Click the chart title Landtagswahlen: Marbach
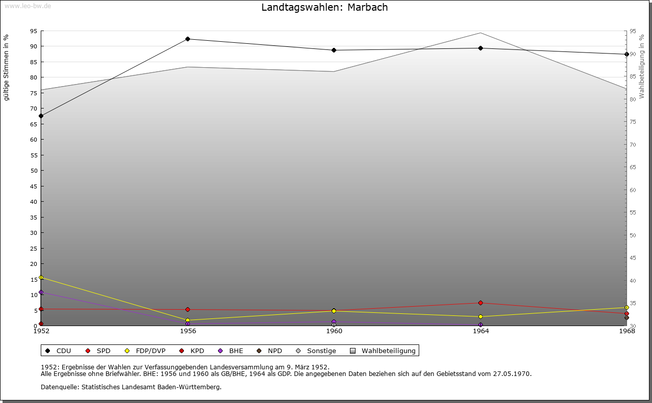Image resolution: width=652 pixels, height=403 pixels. (324, 7)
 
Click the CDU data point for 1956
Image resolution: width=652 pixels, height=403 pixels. (187, 39)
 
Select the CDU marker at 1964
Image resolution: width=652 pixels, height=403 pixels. (480, 48)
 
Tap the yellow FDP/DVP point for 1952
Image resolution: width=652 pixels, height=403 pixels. (41, 278)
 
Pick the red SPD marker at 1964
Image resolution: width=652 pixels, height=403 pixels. (480, 303)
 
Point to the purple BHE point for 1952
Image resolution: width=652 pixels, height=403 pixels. (41, 292)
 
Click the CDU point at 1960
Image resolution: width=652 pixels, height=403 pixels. (334, 50)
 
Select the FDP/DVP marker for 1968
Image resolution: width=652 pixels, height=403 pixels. (627, 308)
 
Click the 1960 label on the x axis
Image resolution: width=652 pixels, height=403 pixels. (334, 331)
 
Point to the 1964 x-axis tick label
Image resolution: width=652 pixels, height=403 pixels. (480, 331)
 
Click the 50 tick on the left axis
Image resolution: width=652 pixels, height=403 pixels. (34, 171)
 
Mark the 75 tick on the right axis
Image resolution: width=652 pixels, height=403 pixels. (633, 122)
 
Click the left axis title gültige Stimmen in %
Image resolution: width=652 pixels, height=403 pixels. (6, 68)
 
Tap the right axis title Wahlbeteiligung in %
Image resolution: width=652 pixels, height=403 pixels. (642, 66)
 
